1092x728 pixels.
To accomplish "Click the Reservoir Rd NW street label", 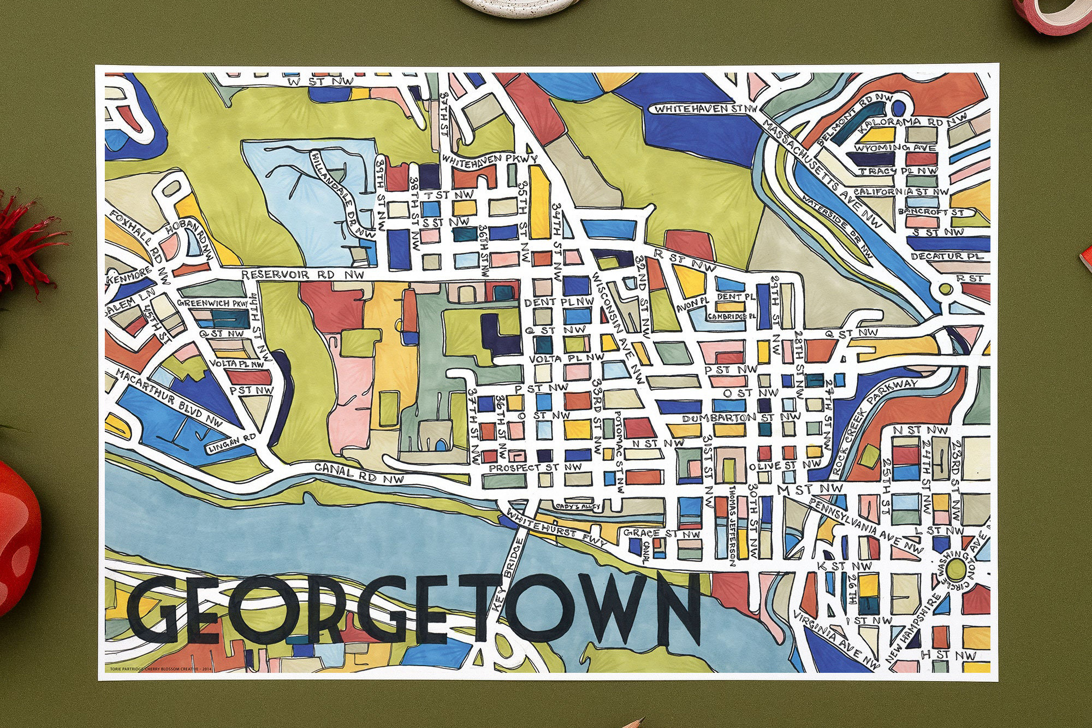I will pos(302,275).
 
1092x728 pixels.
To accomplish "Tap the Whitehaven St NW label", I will pos(705,109).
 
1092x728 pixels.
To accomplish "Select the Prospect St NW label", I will pos(535,467).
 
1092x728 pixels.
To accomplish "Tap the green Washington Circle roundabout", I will pos(956,569).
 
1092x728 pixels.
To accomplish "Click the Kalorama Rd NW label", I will pos(912,122).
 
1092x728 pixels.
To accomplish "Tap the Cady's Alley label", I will pos(578,506).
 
